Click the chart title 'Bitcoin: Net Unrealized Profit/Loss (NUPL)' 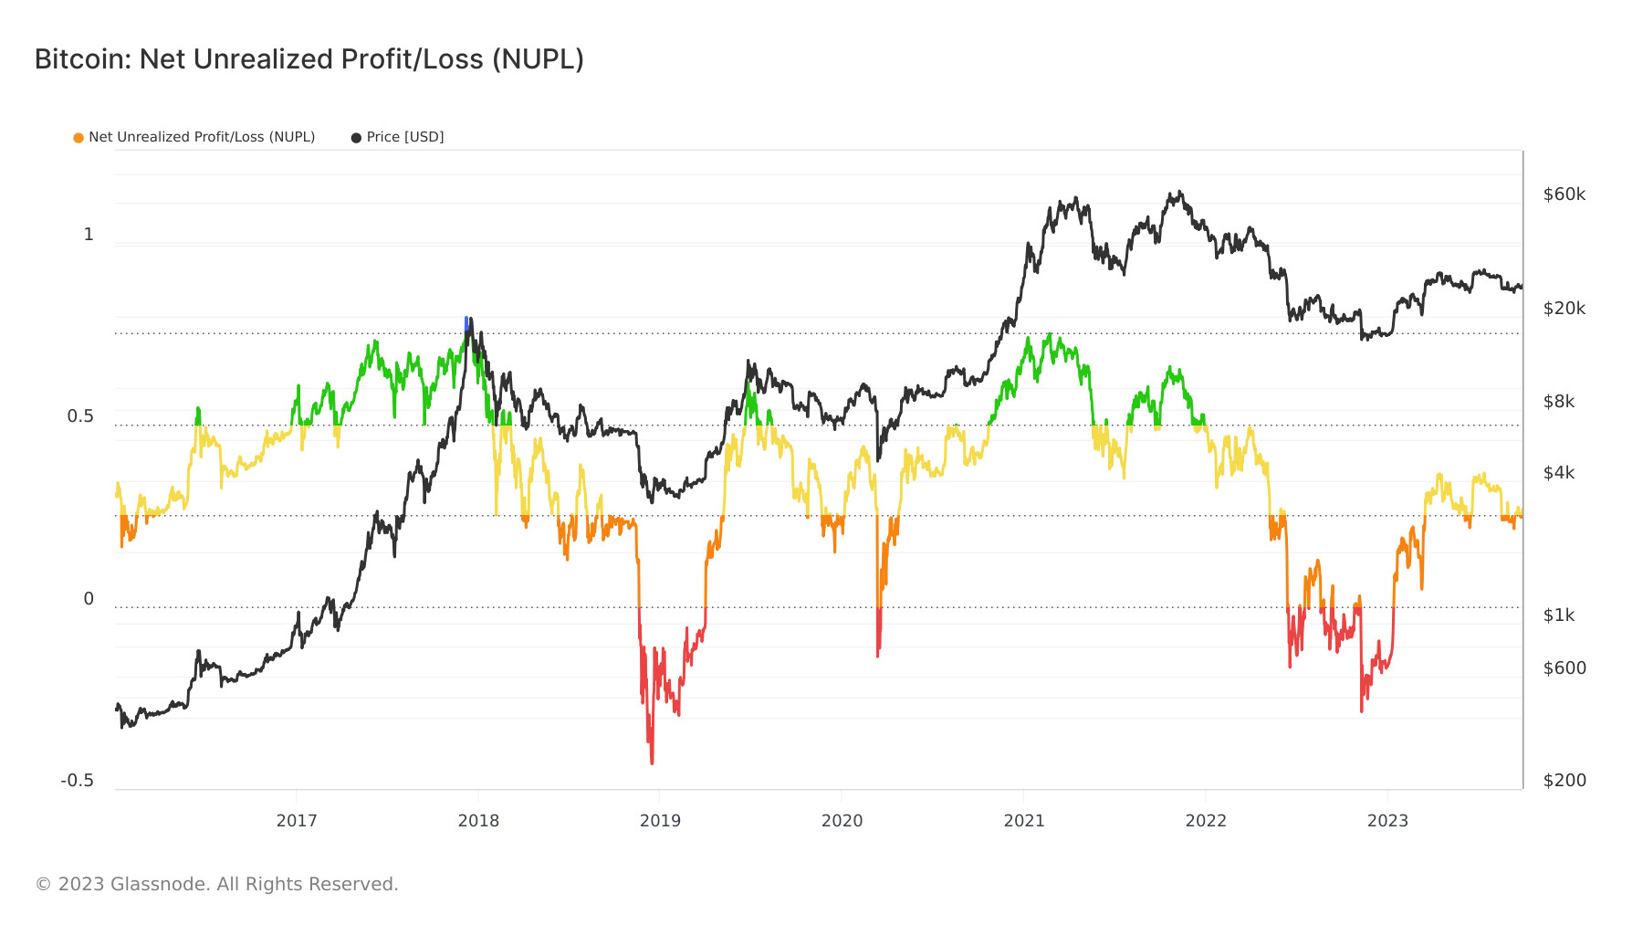tap(309, 59)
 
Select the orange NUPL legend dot tap(78, 138)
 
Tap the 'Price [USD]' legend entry tap(404, 137)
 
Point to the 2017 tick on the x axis tap(297, 820)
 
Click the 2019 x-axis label tap(660, 820)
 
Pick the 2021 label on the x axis tap(1023, 820)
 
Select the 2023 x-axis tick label tap(1387, 820)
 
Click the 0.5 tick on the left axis tap(80, 416)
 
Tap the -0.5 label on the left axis tap(77, 781)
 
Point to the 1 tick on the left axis tap(89, 235)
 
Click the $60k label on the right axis tap(1564, 194)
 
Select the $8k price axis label tap(1558, 402)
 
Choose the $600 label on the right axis tap(1564, 668)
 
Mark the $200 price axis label tap(1564, 781)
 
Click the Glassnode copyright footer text tap(216, 884)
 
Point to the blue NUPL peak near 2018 tap(466, 321)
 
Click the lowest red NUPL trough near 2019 tap(652, 761)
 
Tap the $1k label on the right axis tap(1558, 615)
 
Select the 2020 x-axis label tap(842, 820)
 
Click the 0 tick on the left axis tap(89, 599)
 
